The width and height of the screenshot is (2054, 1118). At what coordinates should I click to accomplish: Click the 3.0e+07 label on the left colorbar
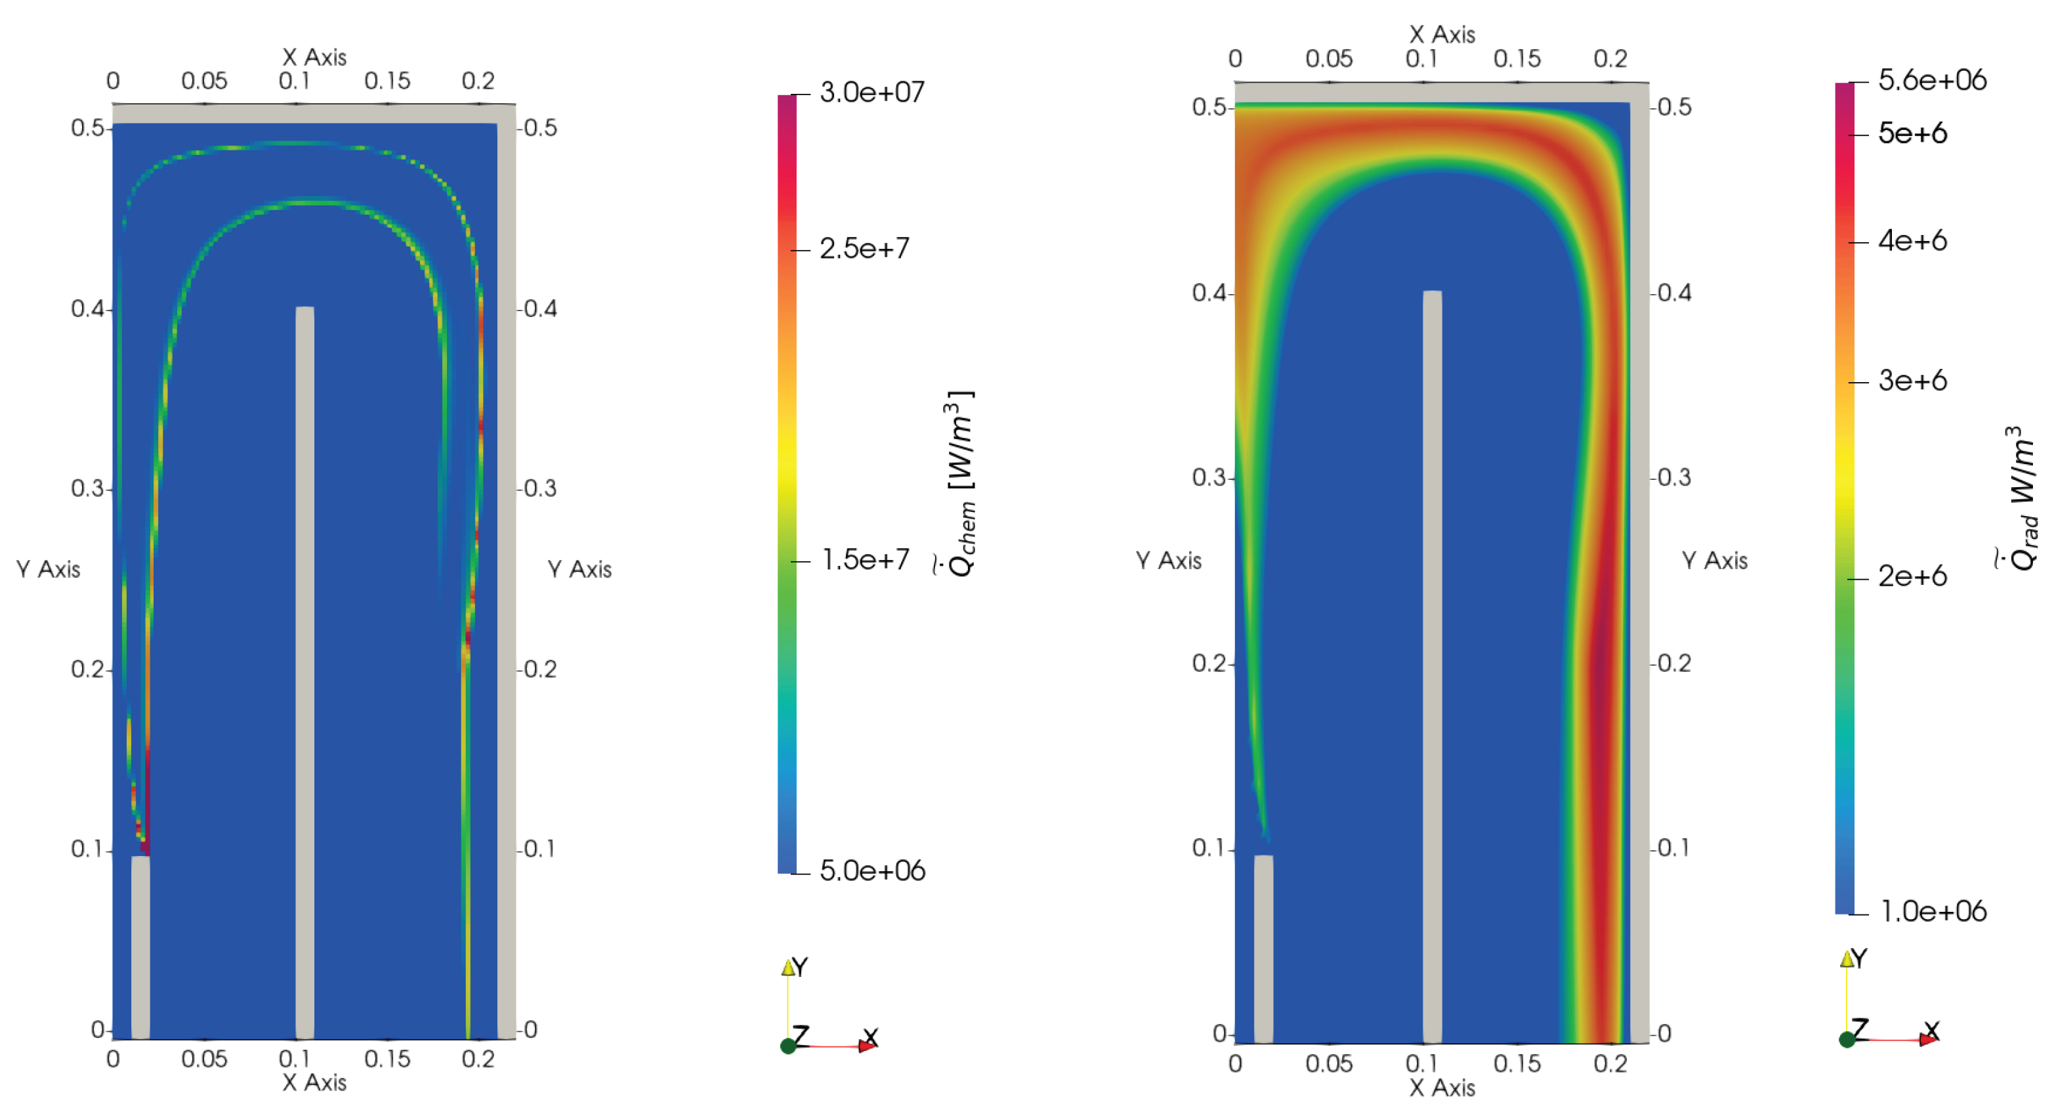click(871, 93)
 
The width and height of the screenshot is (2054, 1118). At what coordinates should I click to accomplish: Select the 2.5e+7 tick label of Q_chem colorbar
click(864, 249)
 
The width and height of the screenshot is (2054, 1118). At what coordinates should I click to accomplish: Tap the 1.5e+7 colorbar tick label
click(865, 560)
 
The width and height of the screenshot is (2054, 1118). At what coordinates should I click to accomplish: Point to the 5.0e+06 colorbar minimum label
click(872, 870)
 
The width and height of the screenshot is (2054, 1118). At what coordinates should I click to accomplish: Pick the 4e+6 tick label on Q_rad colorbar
click(1912, 240)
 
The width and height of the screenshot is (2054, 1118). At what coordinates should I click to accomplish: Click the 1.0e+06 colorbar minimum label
click(1933, 911)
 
